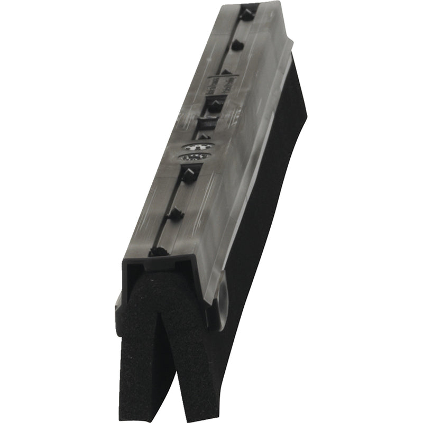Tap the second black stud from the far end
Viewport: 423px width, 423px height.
pos(236,45)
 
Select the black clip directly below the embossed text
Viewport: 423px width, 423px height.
pos(214,105)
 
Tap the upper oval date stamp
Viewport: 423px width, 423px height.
pos(198,146)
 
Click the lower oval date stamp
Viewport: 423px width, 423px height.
pos(194,157)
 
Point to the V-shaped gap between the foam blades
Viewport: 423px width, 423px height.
pos(168,338)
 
